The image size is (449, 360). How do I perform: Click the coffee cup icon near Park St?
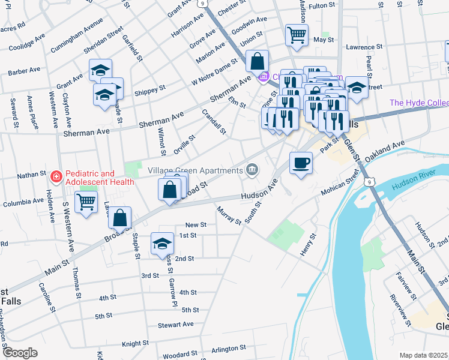point(301,162)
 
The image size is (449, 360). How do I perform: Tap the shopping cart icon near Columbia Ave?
point(86,203)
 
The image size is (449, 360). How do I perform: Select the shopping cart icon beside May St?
point(297,35)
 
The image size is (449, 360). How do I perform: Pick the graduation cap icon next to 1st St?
point(161,243)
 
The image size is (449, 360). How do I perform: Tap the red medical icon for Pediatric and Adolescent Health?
point(56,177)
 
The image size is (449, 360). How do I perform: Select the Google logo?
point(19,352)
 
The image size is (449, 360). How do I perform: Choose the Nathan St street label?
point(31,175)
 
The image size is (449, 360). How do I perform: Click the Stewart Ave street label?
point(176,325)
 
